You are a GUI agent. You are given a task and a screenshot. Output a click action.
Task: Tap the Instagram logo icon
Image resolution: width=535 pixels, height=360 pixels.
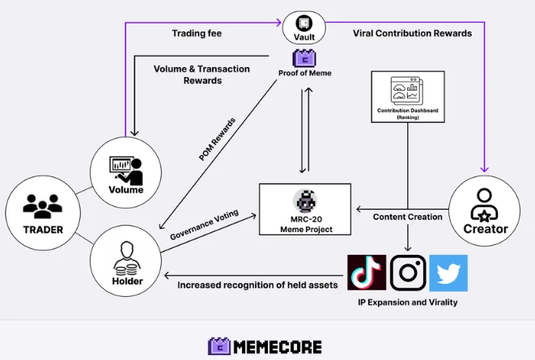408,273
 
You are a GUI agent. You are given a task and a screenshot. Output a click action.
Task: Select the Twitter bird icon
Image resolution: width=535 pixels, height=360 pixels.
448,273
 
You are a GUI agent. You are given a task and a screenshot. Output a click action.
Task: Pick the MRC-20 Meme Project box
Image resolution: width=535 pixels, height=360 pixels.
305,210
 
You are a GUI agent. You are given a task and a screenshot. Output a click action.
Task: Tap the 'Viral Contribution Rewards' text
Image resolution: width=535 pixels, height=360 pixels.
412,33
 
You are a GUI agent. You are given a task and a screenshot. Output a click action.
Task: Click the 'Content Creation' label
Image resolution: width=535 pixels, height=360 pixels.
408,217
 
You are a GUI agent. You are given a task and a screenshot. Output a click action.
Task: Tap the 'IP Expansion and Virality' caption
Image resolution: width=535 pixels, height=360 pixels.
407,302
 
